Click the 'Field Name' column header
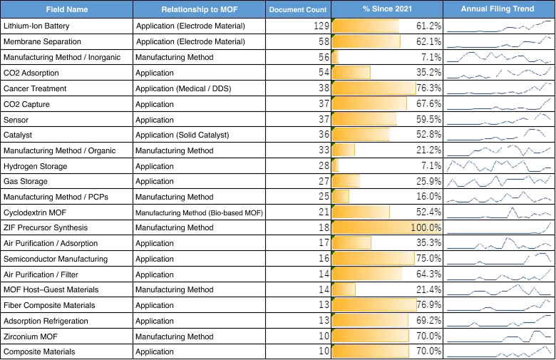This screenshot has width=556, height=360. tap(67, 9)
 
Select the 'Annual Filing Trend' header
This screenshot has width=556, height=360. tap(497, 9)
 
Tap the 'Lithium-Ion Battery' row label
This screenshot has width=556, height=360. tap(36, 26)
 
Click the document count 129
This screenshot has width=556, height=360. tap(321, 26)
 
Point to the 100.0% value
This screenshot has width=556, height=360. tap(426, 227)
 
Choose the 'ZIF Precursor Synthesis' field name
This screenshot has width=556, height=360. tap(46, 227)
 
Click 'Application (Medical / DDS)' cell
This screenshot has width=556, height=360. tap(183, 88)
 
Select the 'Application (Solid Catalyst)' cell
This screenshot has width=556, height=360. tap(182, 135)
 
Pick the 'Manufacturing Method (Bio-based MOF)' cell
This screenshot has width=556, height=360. tap(200, 213)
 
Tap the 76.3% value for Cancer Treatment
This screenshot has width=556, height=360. tap(428, 88)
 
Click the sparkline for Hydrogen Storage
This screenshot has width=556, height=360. tap(499, 165)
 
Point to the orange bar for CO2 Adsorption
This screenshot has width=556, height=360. tap(351, 73)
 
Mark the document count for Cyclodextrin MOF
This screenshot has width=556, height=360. tap(324, 212)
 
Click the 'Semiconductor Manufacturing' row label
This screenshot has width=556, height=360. tap(56, 259)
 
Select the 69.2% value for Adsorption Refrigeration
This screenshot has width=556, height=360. tap(428, 320)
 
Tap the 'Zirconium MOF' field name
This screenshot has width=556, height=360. tap(31, 336)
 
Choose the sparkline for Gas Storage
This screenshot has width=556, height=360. tap(499, 181)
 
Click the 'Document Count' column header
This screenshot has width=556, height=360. tap(298, 9)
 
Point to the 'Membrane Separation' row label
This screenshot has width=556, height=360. tap(42, 41)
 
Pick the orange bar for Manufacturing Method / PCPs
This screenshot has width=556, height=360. tap(341, 197)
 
